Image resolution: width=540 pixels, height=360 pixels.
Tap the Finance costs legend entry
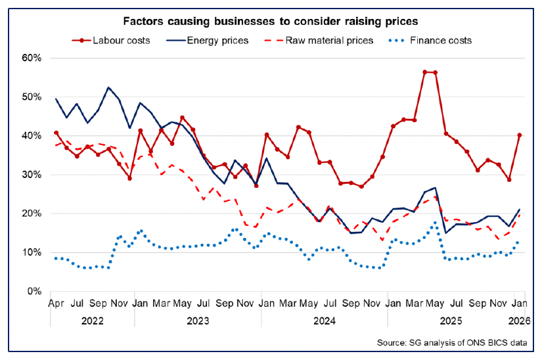click(430, 40)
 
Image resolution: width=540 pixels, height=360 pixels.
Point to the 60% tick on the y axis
click(31, 58)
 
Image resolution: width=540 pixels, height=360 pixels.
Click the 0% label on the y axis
click(34, 291)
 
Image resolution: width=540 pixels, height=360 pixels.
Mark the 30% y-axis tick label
click(31, 175)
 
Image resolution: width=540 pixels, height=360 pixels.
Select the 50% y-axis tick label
click(31, 97)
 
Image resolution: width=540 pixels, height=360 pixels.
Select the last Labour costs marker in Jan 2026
click(520, 135)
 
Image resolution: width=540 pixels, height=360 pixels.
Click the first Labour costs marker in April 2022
click(56, 133)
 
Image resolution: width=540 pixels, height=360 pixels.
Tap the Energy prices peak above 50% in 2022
click(108, 87)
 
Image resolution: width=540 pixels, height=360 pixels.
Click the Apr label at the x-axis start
click(56, 305)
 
